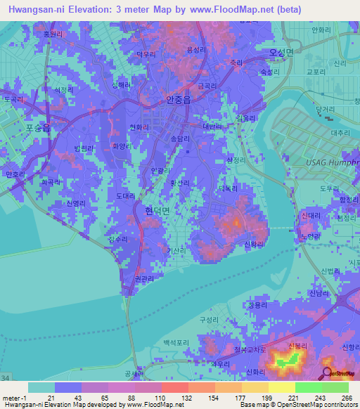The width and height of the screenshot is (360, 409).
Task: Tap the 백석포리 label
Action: [176, 342]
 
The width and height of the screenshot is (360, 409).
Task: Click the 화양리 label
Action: [122, 146]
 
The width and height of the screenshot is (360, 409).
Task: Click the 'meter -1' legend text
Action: [13, 396]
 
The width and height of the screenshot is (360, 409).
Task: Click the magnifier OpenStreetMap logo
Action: [327, 372]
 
